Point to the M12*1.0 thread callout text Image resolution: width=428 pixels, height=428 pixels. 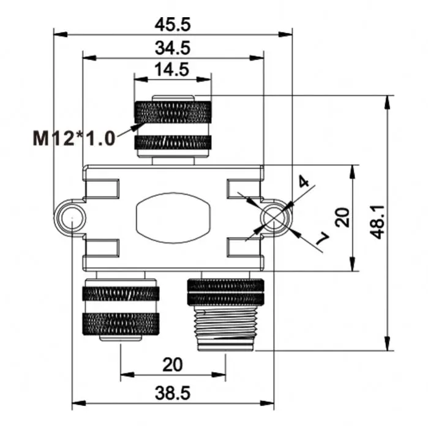[x=74, y=138]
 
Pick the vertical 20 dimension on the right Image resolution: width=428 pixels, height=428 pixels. [x=344, y=218]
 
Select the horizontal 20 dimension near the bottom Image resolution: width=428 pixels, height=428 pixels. [x=173, y=365]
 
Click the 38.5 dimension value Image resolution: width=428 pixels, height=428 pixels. [x=173, y=394]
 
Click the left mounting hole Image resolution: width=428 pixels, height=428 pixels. [x=72, y=218]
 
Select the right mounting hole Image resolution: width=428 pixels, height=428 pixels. [x=274, y=218]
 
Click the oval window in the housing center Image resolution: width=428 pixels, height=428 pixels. [x=173, y=218]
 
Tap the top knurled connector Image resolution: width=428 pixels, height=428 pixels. [x=173, y=126]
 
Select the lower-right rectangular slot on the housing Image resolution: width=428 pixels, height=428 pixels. [x=243, y=247]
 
